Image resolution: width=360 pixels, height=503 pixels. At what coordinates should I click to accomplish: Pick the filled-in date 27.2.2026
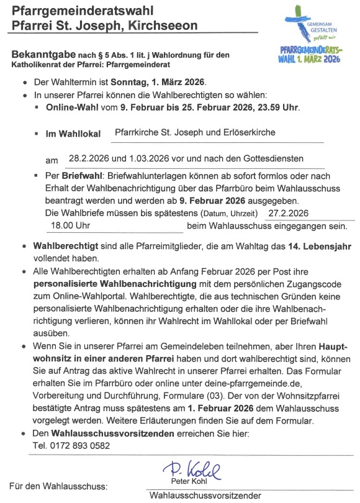(289, 212)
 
